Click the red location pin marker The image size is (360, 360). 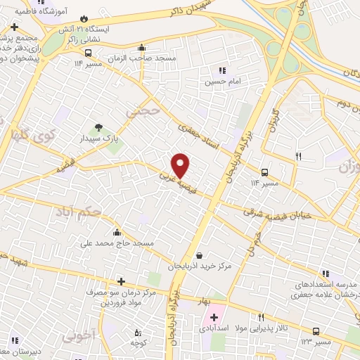[181, 165]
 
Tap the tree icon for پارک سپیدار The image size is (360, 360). [98, 127]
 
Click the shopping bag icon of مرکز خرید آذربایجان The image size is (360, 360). [201, 255]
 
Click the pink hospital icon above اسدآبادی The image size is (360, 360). [213, 316]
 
